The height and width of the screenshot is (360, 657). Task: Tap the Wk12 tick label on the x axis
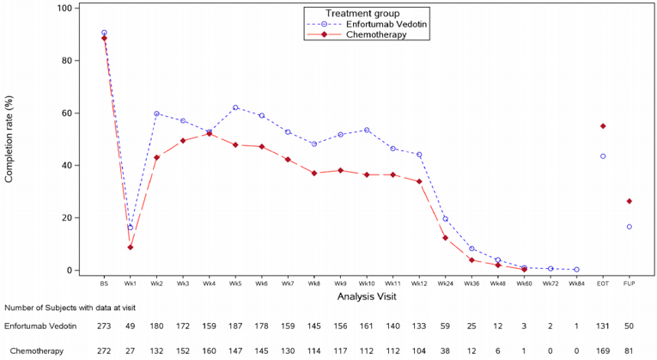[418, 282]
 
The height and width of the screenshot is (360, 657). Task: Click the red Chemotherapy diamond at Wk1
[131, 247]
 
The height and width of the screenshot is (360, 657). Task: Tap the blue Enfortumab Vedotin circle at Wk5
[235, 108]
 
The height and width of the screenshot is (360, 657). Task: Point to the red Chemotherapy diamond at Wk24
[445, 238]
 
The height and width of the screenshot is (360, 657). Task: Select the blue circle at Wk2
[156, 113]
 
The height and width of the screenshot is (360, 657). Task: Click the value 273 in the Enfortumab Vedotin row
[104, 327]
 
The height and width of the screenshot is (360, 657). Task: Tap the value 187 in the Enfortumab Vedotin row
[235, 327]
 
